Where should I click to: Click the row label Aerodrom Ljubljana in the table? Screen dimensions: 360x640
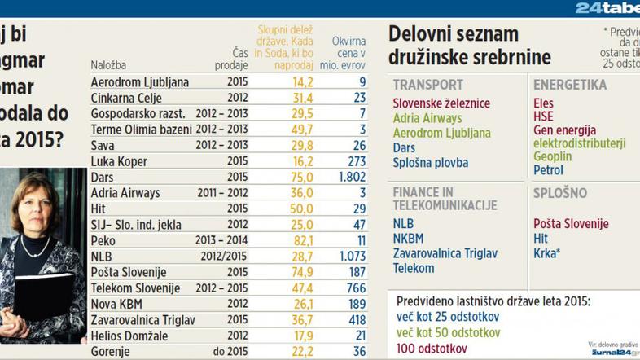point(140,82)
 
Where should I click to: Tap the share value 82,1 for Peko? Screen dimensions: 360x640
point(302,241)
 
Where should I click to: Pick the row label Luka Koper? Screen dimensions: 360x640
point(119,162)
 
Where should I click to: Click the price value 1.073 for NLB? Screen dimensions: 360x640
point(347,257)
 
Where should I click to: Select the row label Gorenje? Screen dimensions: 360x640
point(114,352)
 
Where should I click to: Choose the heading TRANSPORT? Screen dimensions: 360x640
point(428,85)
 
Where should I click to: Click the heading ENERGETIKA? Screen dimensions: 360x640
point(570,85)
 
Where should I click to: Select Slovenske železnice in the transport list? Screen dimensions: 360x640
point(441,103)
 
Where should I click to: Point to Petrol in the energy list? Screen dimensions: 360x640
point(548,170)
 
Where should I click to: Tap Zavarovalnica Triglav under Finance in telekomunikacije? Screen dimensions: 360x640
point(445,253)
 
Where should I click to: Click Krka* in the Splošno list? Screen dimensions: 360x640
point(550,253)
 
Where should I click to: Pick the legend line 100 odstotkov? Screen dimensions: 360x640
point(432,348)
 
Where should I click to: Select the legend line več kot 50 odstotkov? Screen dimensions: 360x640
point(447,332)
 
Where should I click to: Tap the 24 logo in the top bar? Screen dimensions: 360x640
point(591,8)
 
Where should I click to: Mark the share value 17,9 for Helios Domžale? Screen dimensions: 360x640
point(302,336)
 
